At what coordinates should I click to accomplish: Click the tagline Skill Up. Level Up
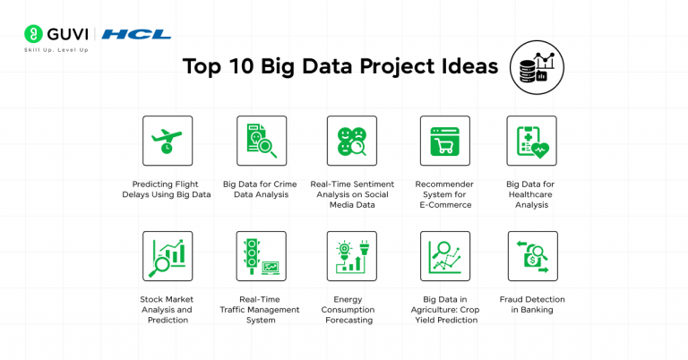[56, 50]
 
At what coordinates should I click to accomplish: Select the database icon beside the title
[536, 66]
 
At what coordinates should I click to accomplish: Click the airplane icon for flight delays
[168, 141]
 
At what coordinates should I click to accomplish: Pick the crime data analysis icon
[261, 141]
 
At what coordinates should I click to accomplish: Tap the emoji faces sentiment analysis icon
[352, 141]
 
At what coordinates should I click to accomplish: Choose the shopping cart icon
[444, 141]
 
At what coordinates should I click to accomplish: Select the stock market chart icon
[168, 256]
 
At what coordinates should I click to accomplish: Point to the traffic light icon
[261, 256]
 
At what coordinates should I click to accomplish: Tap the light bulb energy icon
[352, 256]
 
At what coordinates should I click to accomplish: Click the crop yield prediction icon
[444, 256]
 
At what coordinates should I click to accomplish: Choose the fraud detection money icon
[532, 256]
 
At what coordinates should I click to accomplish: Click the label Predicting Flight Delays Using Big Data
[167, 189]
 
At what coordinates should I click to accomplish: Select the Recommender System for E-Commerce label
[444, 194]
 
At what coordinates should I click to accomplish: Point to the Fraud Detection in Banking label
[532, 304]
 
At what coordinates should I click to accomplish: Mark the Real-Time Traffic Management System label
[261, 309]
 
